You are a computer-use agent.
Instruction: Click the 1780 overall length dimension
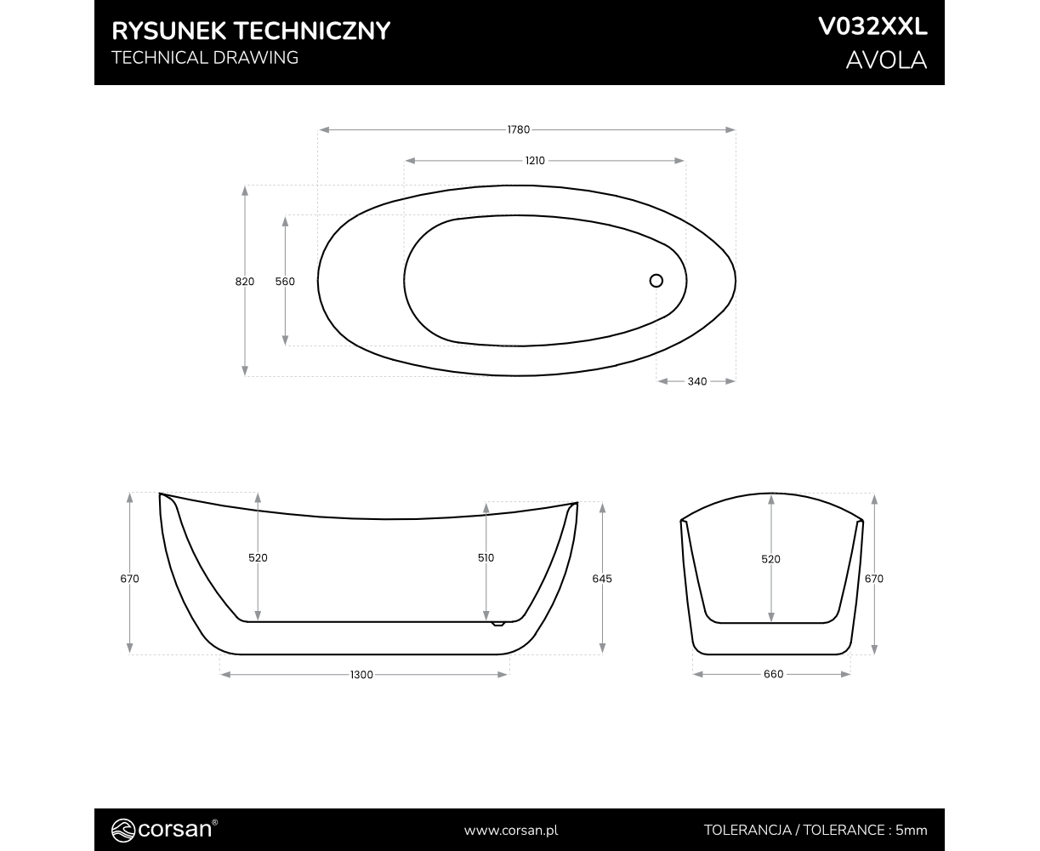[x=518, y=129]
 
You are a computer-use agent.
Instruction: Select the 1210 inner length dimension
[x=535, y=161]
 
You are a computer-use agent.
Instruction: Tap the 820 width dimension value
[x=245, y=282]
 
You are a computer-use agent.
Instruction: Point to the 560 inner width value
[x=285, y=282]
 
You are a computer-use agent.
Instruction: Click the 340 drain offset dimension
[x=696, y=381]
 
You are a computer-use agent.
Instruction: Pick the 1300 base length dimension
[x=361, y=675]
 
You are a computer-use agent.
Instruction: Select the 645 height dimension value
[x=601, y=579]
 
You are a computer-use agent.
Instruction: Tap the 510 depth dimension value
[x=486, y=557]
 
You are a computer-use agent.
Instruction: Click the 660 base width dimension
[x=773, y=674]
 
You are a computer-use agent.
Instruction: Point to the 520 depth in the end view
[x=770, y=559]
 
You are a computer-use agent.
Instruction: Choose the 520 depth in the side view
[x=258, y=557]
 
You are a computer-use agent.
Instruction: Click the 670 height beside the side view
[x=130, y=579]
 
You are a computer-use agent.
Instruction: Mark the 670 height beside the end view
[x=874, y=579]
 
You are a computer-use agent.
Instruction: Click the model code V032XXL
[x=872, y=26]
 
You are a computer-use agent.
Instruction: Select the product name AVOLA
[x=887, y=60]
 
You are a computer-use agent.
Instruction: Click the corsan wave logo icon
[x=122, y=830]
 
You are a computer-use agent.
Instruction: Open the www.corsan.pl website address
[x=511, y=831]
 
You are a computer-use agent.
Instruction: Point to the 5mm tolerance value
[x=912, y=831]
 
